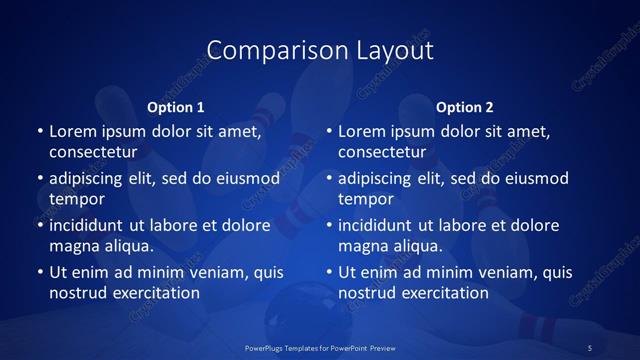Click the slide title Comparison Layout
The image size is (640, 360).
coord(319,50)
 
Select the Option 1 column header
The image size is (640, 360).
coord(176,107)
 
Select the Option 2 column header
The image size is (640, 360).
coord(465,107)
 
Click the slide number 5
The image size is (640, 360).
coord(590,347)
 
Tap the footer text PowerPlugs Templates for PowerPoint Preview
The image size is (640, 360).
coord(320,347)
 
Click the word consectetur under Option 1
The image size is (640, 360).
coord(93,153)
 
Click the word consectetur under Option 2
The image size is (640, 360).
coord(382,153)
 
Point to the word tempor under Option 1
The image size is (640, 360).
coord(77,199)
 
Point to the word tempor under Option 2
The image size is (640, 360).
coord(366,199)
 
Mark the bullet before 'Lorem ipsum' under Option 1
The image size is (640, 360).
coord(39,131)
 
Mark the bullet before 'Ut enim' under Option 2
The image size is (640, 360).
coord(328,272)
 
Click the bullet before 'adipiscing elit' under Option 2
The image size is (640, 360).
coord(328,179)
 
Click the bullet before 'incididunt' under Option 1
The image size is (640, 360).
coord(39,225)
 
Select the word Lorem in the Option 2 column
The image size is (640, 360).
coord(361,131)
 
